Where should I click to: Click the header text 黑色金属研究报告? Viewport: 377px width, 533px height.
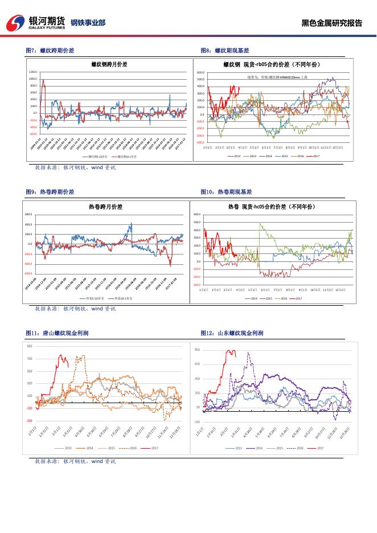click(x=331, y=23)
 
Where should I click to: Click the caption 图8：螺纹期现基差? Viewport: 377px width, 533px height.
click(x=225, y=51)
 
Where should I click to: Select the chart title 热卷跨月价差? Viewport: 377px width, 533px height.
click(x=105, y=206)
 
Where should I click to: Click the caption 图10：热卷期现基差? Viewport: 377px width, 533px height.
click(x=226, y=192)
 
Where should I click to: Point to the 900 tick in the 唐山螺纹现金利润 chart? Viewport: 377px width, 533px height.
click(x=30, y=346)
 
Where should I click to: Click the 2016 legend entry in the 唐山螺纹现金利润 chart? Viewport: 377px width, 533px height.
click(x=133, y=448)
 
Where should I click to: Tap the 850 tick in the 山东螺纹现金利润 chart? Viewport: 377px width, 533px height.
click(x=197, y=350)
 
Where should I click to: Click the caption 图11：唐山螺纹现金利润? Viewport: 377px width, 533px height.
click(x=54, y=333)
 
